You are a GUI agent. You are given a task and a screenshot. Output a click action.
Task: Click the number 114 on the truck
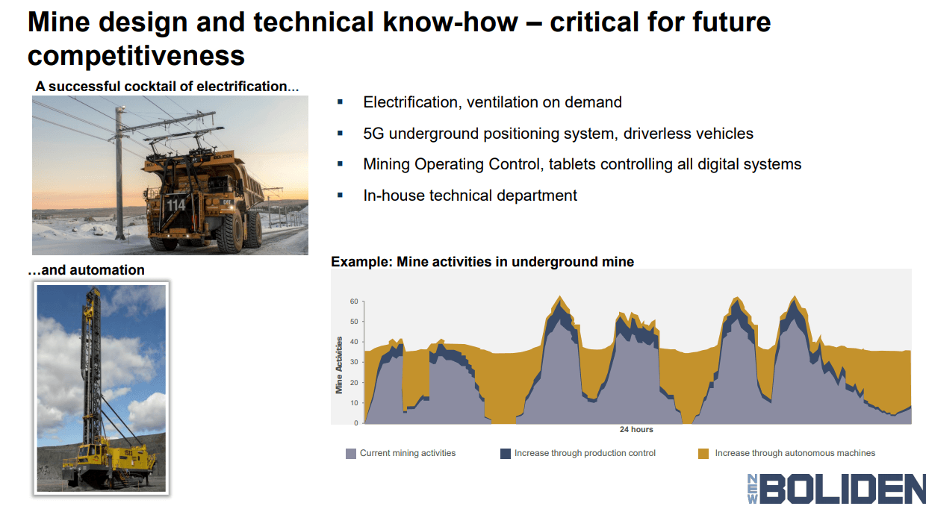(x=175, y=204)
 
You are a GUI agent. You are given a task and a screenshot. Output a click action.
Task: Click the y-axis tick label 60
(x=354, y=302)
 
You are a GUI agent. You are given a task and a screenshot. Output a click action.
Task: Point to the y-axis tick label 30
(x=354, y=363)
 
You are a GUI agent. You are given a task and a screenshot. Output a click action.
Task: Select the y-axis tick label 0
(x=356, y=423)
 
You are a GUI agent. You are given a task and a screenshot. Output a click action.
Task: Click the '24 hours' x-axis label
(x=636, y=429)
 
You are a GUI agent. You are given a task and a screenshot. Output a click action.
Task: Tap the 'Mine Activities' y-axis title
(x=339, y=364)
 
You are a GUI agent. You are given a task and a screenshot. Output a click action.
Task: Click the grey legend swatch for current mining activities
(x=351, y=453)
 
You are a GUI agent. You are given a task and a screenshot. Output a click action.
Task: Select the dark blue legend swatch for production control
(x=506, y=453)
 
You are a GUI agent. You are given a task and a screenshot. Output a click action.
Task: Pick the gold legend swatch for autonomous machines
(x=703, y=453)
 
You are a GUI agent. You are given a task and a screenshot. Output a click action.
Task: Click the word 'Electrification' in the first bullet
(x=408, y=102)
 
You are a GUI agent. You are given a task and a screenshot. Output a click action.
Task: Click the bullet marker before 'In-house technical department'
(x=341, y=195)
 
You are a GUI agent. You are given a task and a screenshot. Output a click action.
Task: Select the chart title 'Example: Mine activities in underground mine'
(x=482, y=262)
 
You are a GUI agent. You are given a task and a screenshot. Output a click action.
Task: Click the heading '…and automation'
(x=87, y=269)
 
